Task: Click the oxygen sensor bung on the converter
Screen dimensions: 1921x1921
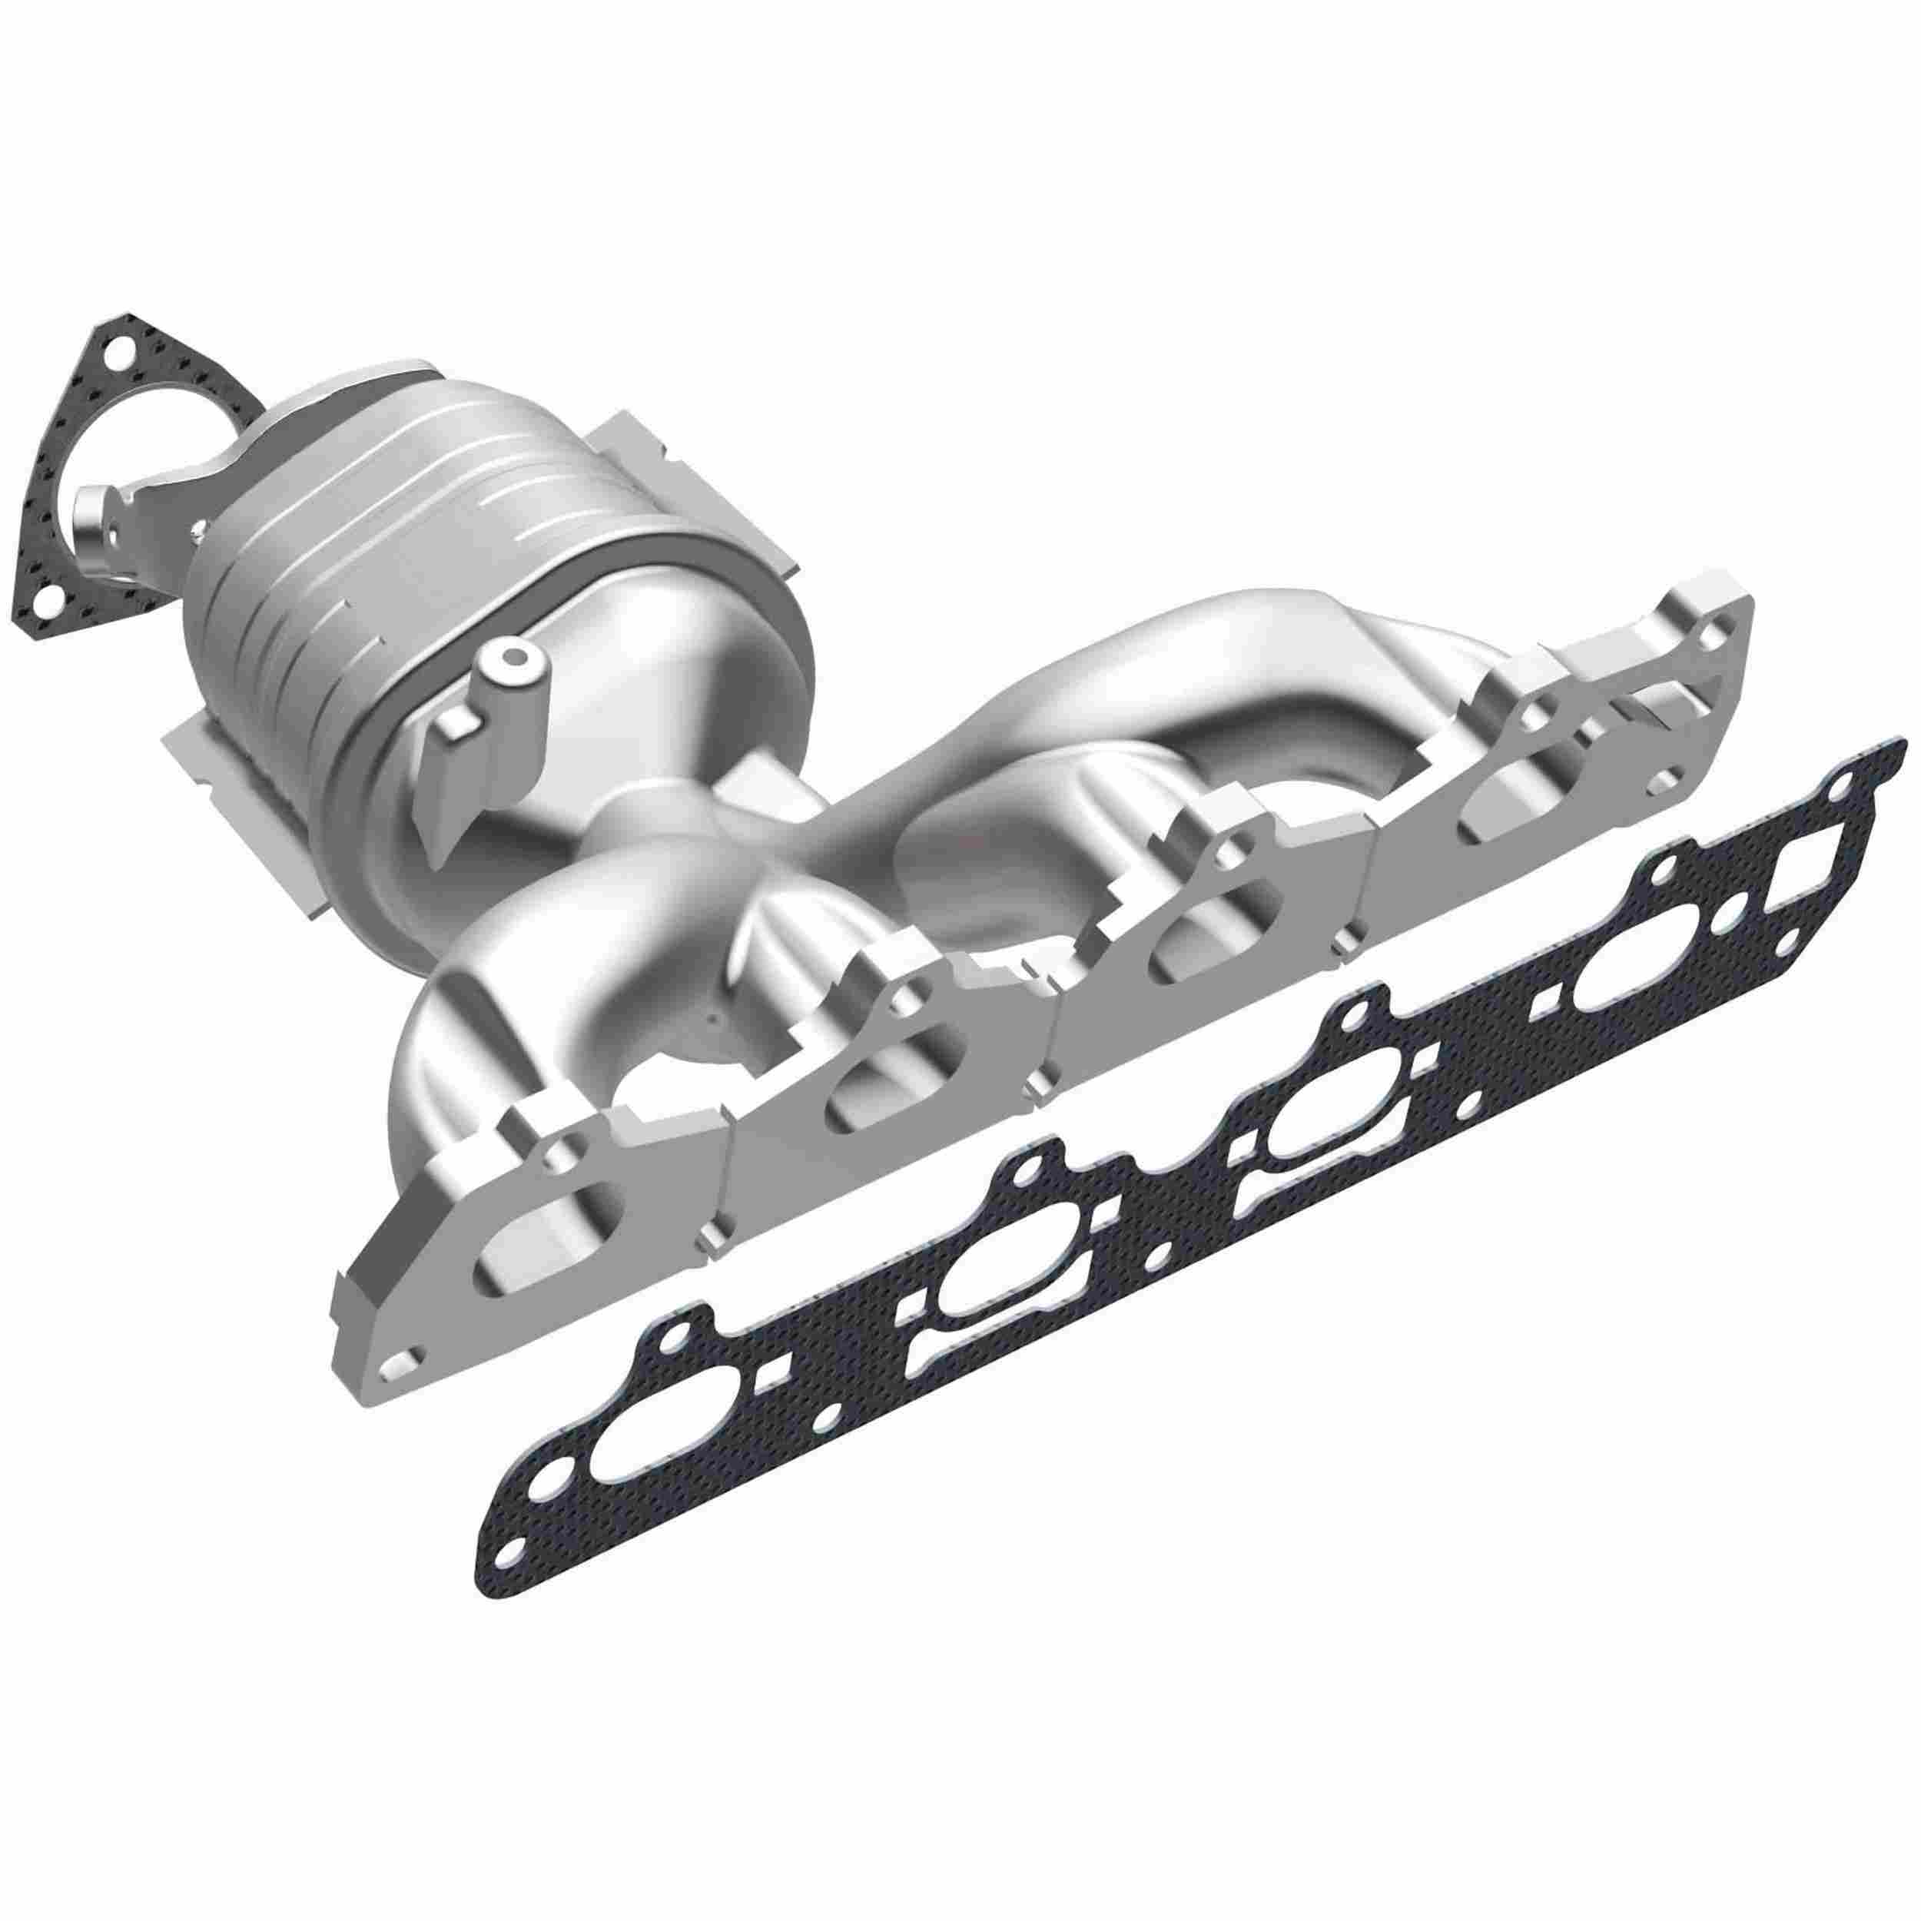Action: click(514, 659)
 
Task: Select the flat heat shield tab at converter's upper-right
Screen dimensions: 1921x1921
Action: click(636, 457)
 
